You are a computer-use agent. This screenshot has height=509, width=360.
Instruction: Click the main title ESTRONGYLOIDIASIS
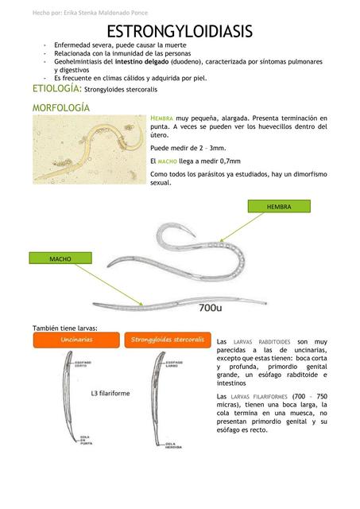pyautogui.click(x=180, y=32)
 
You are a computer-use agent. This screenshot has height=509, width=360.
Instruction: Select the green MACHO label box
pyautogui.click(x=60, y=259)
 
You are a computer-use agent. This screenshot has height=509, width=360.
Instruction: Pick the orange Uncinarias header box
pyautogui.click(x=77, y=340)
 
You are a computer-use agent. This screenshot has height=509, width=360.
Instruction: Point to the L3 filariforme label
pyautogui.click(x=110, y=394)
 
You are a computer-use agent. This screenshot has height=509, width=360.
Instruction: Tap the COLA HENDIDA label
pyautogui.click(x=175, y=445)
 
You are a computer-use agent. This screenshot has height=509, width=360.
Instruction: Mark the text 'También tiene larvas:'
pyautogui.click(x=64, y=328)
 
